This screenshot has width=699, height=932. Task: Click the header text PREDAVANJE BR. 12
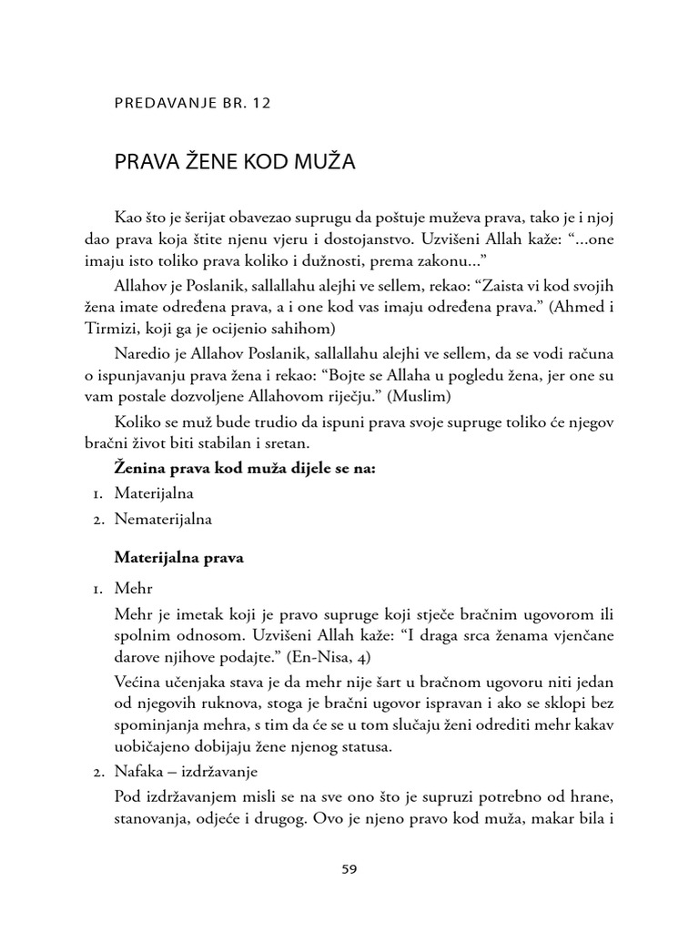point(192,103)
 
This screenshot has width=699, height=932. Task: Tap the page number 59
point(349,868)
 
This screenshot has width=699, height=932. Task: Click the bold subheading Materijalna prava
point(179,558)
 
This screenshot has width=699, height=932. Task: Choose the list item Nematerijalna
point(163,520)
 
